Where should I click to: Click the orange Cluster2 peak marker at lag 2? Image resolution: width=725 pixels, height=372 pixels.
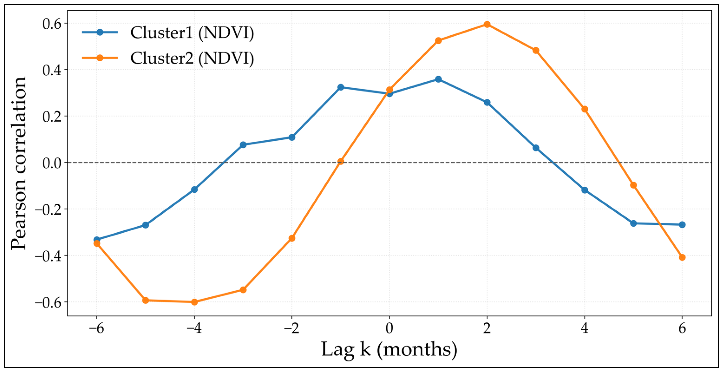[x=487, y=24]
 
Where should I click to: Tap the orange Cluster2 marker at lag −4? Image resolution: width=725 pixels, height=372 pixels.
[x=194, y=302]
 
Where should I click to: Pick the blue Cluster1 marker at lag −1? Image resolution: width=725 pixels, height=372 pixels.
[x=341, y=87]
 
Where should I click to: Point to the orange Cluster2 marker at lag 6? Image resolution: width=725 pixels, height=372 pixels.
[x=682, y=257]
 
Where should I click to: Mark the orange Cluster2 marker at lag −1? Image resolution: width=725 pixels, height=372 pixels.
[x=341, y=161]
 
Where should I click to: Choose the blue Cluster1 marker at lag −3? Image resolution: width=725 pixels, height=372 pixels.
[x=243, y=145]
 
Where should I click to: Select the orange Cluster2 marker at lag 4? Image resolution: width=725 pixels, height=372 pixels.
[x=585, y=109]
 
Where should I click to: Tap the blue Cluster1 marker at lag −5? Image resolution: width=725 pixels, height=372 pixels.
[x=145, y=225]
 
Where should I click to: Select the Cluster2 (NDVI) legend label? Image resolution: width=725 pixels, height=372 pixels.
[x=192, y=58]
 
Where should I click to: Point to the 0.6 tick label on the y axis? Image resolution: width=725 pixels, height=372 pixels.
[x=52, y=24]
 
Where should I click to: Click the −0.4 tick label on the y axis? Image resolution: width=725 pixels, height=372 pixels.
[x=48, y=256]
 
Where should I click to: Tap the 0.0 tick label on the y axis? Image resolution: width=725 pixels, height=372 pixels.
[x=52, y=163]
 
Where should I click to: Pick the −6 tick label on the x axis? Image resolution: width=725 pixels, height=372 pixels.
[x=96, y=328]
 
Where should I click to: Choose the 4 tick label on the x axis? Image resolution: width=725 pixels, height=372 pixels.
[x=585, y=328]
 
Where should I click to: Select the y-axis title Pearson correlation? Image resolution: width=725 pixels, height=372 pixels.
[x=19, y=163]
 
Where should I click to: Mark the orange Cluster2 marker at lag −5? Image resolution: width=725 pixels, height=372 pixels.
[x=145, y=300]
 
